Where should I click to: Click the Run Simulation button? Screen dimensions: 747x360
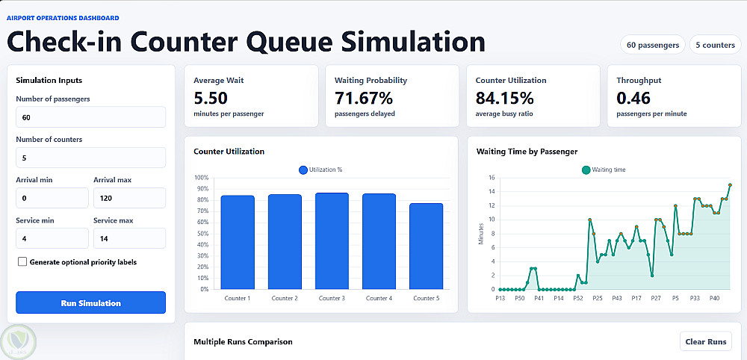(90, 302)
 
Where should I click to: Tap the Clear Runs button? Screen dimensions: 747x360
(706, 341)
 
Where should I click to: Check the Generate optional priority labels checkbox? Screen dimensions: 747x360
(22, 262)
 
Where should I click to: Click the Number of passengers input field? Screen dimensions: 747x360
(90, 117)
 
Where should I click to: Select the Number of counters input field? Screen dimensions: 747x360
(90, 158)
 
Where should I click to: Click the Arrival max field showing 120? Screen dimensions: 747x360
(129, 198)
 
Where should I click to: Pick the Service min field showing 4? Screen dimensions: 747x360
(52, 238)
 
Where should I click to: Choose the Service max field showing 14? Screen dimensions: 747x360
(129, 238)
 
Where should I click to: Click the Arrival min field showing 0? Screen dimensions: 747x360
(52, 198)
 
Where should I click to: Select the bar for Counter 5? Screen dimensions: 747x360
(427, 246)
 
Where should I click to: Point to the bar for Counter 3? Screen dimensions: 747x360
(332, 241)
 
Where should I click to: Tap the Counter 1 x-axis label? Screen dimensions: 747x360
(238, 299)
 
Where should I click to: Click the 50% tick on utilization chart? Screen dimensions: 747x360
(202, 233)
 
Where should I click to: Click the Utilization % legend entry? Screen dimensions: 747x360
(320, 170)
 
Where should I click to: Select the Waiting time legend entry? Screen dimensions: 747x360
(604, 170)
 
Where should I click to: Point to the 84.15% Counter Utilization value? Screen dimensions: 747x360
(504, 98)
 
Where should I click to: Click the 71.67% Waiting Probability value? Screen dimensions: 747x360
(364, 98)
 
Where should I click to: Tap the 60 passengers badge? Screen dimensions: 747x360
(653, 45)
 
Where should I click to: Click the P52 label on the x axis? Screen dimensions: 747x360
(578, 299)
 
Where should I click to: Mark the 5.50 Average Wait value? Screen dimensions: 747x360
(211, 98)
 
